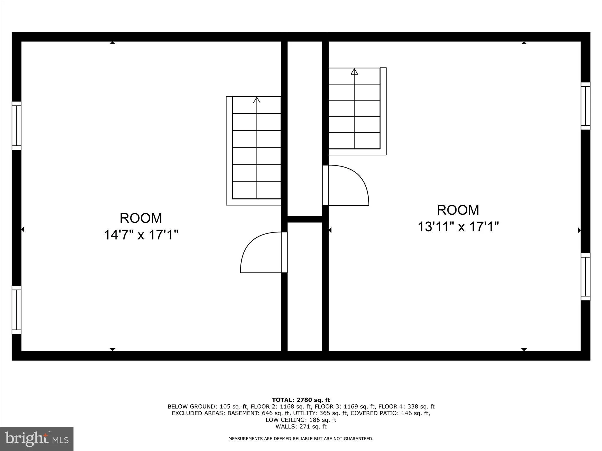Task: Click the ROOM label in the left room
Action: (x=141, y=218)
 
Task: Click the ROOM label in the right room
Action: (x=458, y=210)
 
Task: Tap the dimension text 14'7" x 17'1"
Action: (x=141, y=235)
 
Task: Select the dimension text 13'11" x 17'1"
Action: (x=458, y=227)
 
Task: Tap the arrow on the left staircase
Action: (x=257, y=100)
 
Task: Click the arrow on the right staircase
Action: (x=354, y=71)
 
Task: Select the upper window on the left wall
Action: (x=16, y=126)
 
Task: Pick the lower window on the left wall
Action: (x=16, y=310)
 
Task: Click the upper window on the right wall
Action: (x=585, y=106)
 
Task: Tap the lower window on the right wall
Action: (x=585, y=277)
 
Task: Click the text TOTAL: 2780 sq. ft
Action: (x=301, y=400)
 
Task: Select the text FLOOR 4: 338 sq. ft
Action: (x=406, y=407)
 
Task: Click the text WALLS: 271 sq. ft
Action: (x=301, y=427)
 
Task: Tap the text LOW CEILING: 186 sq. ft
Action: (x=301, y=420)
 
